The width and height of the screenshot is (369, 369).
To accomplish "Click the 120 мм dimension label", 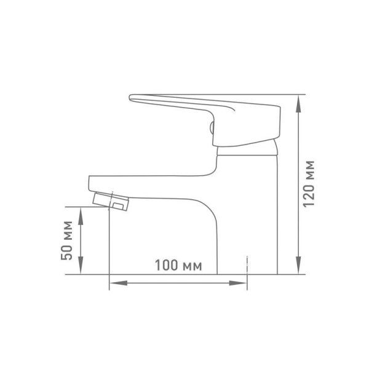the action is click(x=309, y=184).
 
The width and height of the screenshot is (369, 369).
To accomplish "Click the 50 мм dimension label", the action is click(x=66, y=240).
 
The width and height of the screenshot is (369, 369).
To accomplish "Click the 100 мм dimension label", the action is click(x=178, y=265).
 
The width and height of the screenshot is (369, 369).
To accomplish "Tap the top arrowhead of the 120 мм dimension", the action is click(x=298, y=103).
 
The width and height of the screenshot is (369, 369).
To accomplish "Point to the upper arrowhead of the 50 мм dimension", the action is click(x=81, y=216).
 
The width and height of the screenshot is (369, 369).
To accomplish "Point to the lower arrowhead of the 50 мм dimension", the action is click(x=81, y=266).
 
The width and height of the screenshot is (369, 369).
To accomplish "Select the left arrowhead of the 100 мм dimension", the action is click(x=118, y=283).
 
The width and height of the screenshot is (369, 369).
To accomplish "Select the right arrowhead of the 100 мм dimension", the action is click(x=238, y=283).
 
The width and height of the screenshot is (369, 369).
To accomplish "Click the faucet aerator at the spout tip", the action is click(x=111, y=201).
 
